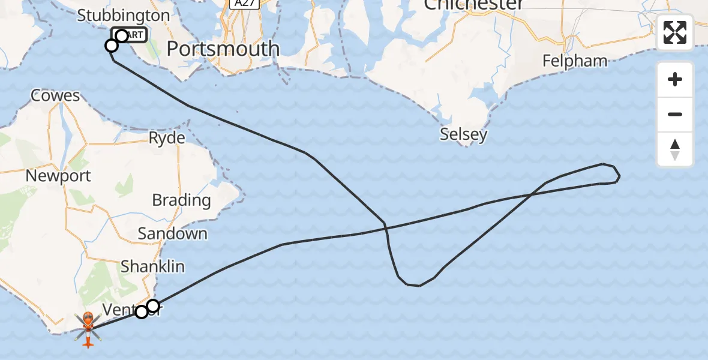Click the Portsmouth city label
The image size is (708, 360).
[223, 49]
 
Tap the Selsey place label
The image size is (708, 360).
[463, 134]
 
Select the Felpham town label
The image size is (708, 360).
[575, 61]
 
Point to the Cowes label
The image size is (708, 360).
[55, 95]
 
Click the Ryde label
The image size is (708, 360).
[167, 138]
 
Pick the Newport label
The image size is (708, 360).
[58, 176]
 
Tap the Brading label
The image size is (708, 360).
[181, 200]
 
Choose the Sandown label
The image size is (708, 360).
[172, 233]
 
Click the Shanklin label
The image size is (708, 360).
[152, 266]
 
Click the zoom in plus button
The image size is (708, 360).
[675, 80]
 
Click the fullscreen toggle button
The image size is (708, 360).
[675, 32]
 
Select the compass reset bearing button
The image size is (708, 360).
[675, 149]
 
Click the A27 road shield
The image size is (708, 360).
[244, 4]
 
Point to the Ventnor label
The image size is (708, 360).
[120, 310]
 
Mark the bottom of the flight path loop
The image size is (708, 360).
[414, 285]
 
